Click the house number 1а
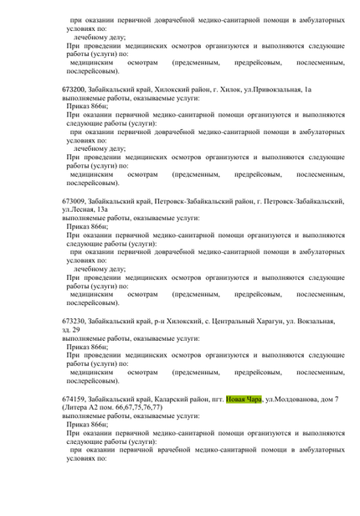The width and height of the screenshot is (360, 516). point(307,112)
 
